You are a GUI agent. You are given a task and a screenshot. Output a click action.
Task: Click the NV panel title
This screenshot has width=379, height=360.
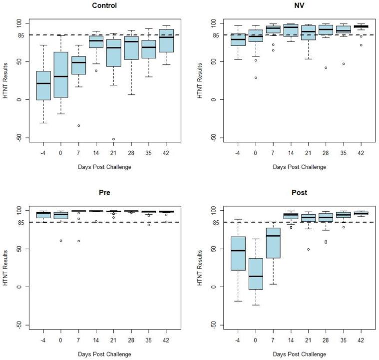click(291, 5)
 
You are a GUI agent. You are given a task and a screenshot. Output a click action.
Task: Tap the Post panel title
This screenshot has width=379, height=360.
click(291, 193)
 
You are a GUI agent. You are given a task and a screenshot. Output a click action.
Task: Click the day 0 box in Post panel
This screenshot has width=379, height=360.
click(256, 274)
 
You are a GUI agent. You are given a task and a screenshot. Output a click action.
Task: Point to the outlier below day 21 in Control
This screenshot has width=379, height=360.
click(113, 139)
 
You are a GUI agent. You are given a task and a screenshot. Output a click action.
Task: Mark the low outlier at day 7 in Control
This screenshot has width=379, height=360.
click(78, 125)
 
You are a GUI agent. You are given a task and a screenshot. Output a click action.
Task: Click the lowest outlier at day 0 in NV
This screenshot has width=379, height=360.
click(256, 77)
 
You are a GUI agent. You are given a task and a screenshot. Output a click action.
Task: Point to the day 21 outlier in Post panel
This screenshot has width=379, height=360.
click(308, 249)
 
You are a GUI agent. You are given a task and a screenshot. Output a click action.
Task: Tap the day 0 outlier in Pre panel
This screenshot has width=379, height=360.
click(61, 240)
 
